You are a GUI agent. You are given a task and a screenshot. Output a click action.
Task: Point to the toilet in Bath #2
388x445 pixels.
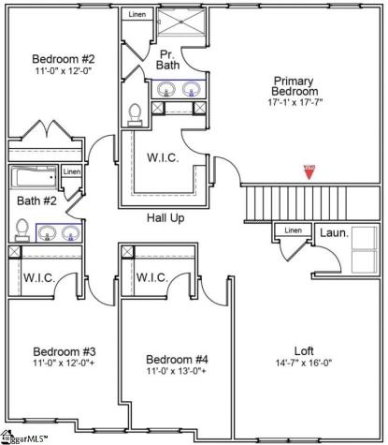(22, 230)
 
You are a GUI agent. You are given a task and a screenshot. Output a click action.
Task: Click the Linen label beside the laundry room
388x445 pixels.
(293, 230)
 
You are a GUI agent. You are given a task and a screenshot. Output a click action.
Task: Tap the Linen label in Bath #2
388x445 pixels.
(72, 172)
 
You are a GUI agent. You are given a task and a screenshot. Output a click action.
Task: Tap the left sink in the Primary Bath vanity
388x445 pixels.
(166, 90)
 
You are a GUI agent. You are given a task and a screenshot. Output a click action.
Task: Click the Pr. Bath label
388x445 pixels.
(168, 60)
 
